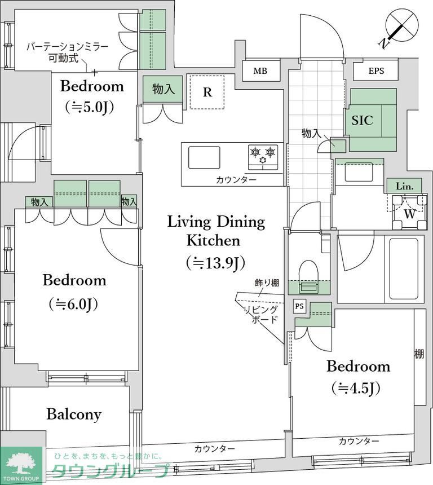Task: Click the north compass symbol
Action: [x=401, y=27]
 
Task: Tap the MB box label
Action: [x=260, y=71]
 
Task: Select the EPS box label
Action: [x=376, y=71]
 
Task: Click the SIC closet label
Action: [x=363, y=120]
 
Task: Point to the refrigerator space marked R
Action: [x=207, y=92]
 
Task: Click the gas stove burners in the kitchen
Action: [x=263, y=156]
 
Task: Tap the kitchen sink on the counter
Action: [x=204, y=157]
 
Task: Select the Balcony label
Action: [x=74, y=415]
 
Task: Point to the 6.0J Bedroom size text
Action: [x=74, y=304]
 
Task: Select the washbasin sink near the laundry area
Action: [x=359, y=172]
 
